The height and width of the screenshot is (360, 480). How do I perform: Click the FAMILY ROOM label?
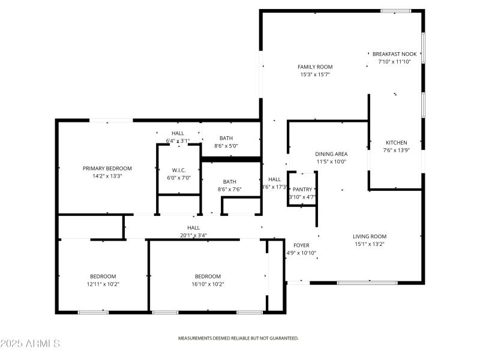(315, 67)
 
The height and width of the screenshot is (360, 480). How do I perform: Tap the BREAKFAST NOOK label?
(394, 53)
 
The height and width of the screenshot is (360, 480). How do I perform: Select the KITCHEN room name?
(396, 142)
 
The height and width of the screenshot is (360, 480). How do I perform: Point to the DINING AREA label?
(331, 154)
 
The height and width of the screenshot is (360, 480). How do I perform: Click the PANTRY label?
(302, 189)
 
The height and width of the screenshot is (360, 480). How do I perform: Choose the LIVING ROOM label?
(369, 236)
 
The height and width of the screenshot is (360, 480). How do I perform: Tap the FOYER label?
(301, 245)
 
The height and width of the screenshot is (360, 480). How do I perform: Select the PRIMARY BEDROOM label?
(107, 168)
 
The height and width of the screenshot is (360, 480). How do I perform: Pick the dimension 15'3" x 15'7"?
(315, 74)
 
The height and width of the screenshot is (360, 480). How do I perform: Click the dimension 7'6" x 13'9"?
(396, 150)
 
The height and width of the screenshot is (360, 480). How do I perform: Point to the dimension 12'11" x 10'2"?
(103, 284)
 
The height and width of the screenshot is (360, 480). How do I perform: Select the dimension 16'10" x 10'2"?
(208, 284)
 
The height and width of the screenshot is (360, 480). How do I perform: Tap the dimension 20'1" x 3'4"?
(193, 235)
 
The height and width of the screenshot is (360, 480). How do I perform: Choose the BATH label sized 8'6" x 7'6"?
(229, 182)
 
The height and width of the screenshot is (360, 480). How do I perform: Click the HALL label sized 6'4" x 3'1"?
(178, 133)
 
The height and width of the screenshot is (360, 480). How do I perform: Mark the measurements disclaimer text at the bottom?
(238, 338)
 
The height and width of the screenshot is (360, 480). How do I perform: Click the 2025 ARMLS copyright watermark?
(30, 344)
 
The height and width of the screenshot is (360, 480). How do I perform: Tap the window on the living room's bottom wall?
(367, 282)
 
